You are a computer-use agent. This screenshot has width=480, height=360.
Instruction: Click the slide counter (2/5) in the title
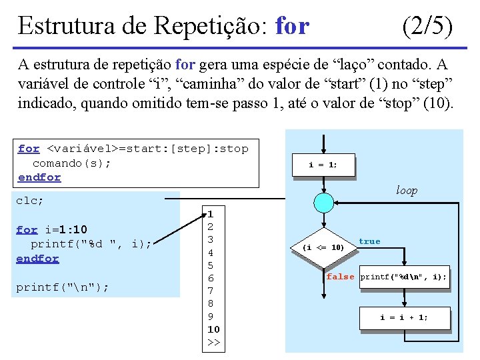pos(428,26)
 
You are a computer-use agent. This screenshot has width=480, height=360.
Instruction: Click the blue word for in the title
pos(292,26)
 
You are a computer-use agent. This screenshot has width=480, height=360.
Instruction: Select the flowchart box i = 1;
pos(323,165)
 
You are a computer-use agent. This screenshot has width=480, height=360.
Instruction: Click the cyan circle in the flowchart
pos(323,201)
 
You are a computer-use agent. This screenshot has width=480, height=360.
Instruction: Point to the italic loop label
pos(406,191)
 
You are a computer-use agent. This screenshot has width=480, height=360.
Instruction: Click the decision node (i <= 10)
pos(323,247)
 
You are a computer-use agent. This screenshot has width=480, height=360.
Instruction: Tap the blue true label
pos(369,241)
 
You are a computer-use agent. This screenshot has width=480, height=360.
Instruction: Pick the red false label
pos(340,277)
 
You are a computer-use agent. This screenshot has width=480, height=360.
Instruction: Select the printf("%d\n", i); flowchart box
pos(403,277)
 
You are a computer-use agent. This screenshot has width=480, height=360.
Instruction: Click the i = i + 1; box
pos(404,317)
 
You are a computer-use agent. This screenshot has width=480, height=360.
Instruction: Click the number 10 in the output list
pos(213,329)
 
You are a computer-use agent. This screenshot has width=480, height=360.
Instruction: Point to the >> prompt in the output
pos(213,342)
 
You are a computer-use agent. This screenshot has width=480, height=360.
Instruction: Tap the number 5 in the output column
pos(211,265)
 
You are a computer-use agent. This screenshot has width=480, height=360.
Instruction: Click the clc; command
pos(30,200)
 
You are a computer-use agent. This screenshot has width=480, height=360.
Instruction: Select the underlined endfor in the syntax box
pos(39,177)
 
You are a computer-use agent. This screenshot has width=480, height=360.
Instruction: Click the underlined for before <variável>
pos(29,149)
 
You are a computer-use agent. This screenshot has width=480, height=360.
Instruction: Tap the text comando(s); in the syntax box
pos(72,163)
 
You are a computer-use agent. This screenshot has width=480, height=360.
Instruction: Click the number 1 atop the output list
pos(210,215)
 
